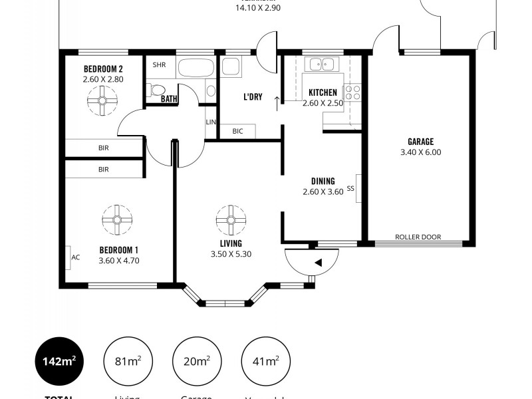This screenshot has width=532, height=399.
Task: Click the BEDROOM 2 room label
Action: (103, 68)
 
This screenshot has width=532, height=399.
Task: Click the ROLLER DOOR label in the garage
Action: (418, 237)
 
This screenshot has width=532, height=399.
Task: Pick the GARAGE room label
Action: (420, 141)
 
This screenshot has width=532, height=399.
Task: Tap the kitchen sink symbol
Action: (321, 65)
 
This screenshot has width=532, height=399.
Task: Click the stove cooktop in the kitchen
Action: (352, 92)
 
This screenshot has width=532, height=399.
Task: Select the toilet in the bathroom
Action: (156, 90)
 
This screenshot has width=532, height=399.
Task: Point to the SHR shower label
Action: (159, 65)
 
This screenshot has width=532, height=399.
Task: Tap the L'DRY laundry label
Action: (252, 97)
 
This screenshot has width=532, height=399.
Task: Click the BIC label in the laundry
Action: (237, 131)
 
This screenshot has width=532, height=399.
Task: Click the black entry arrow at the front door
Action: (319, 263)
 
